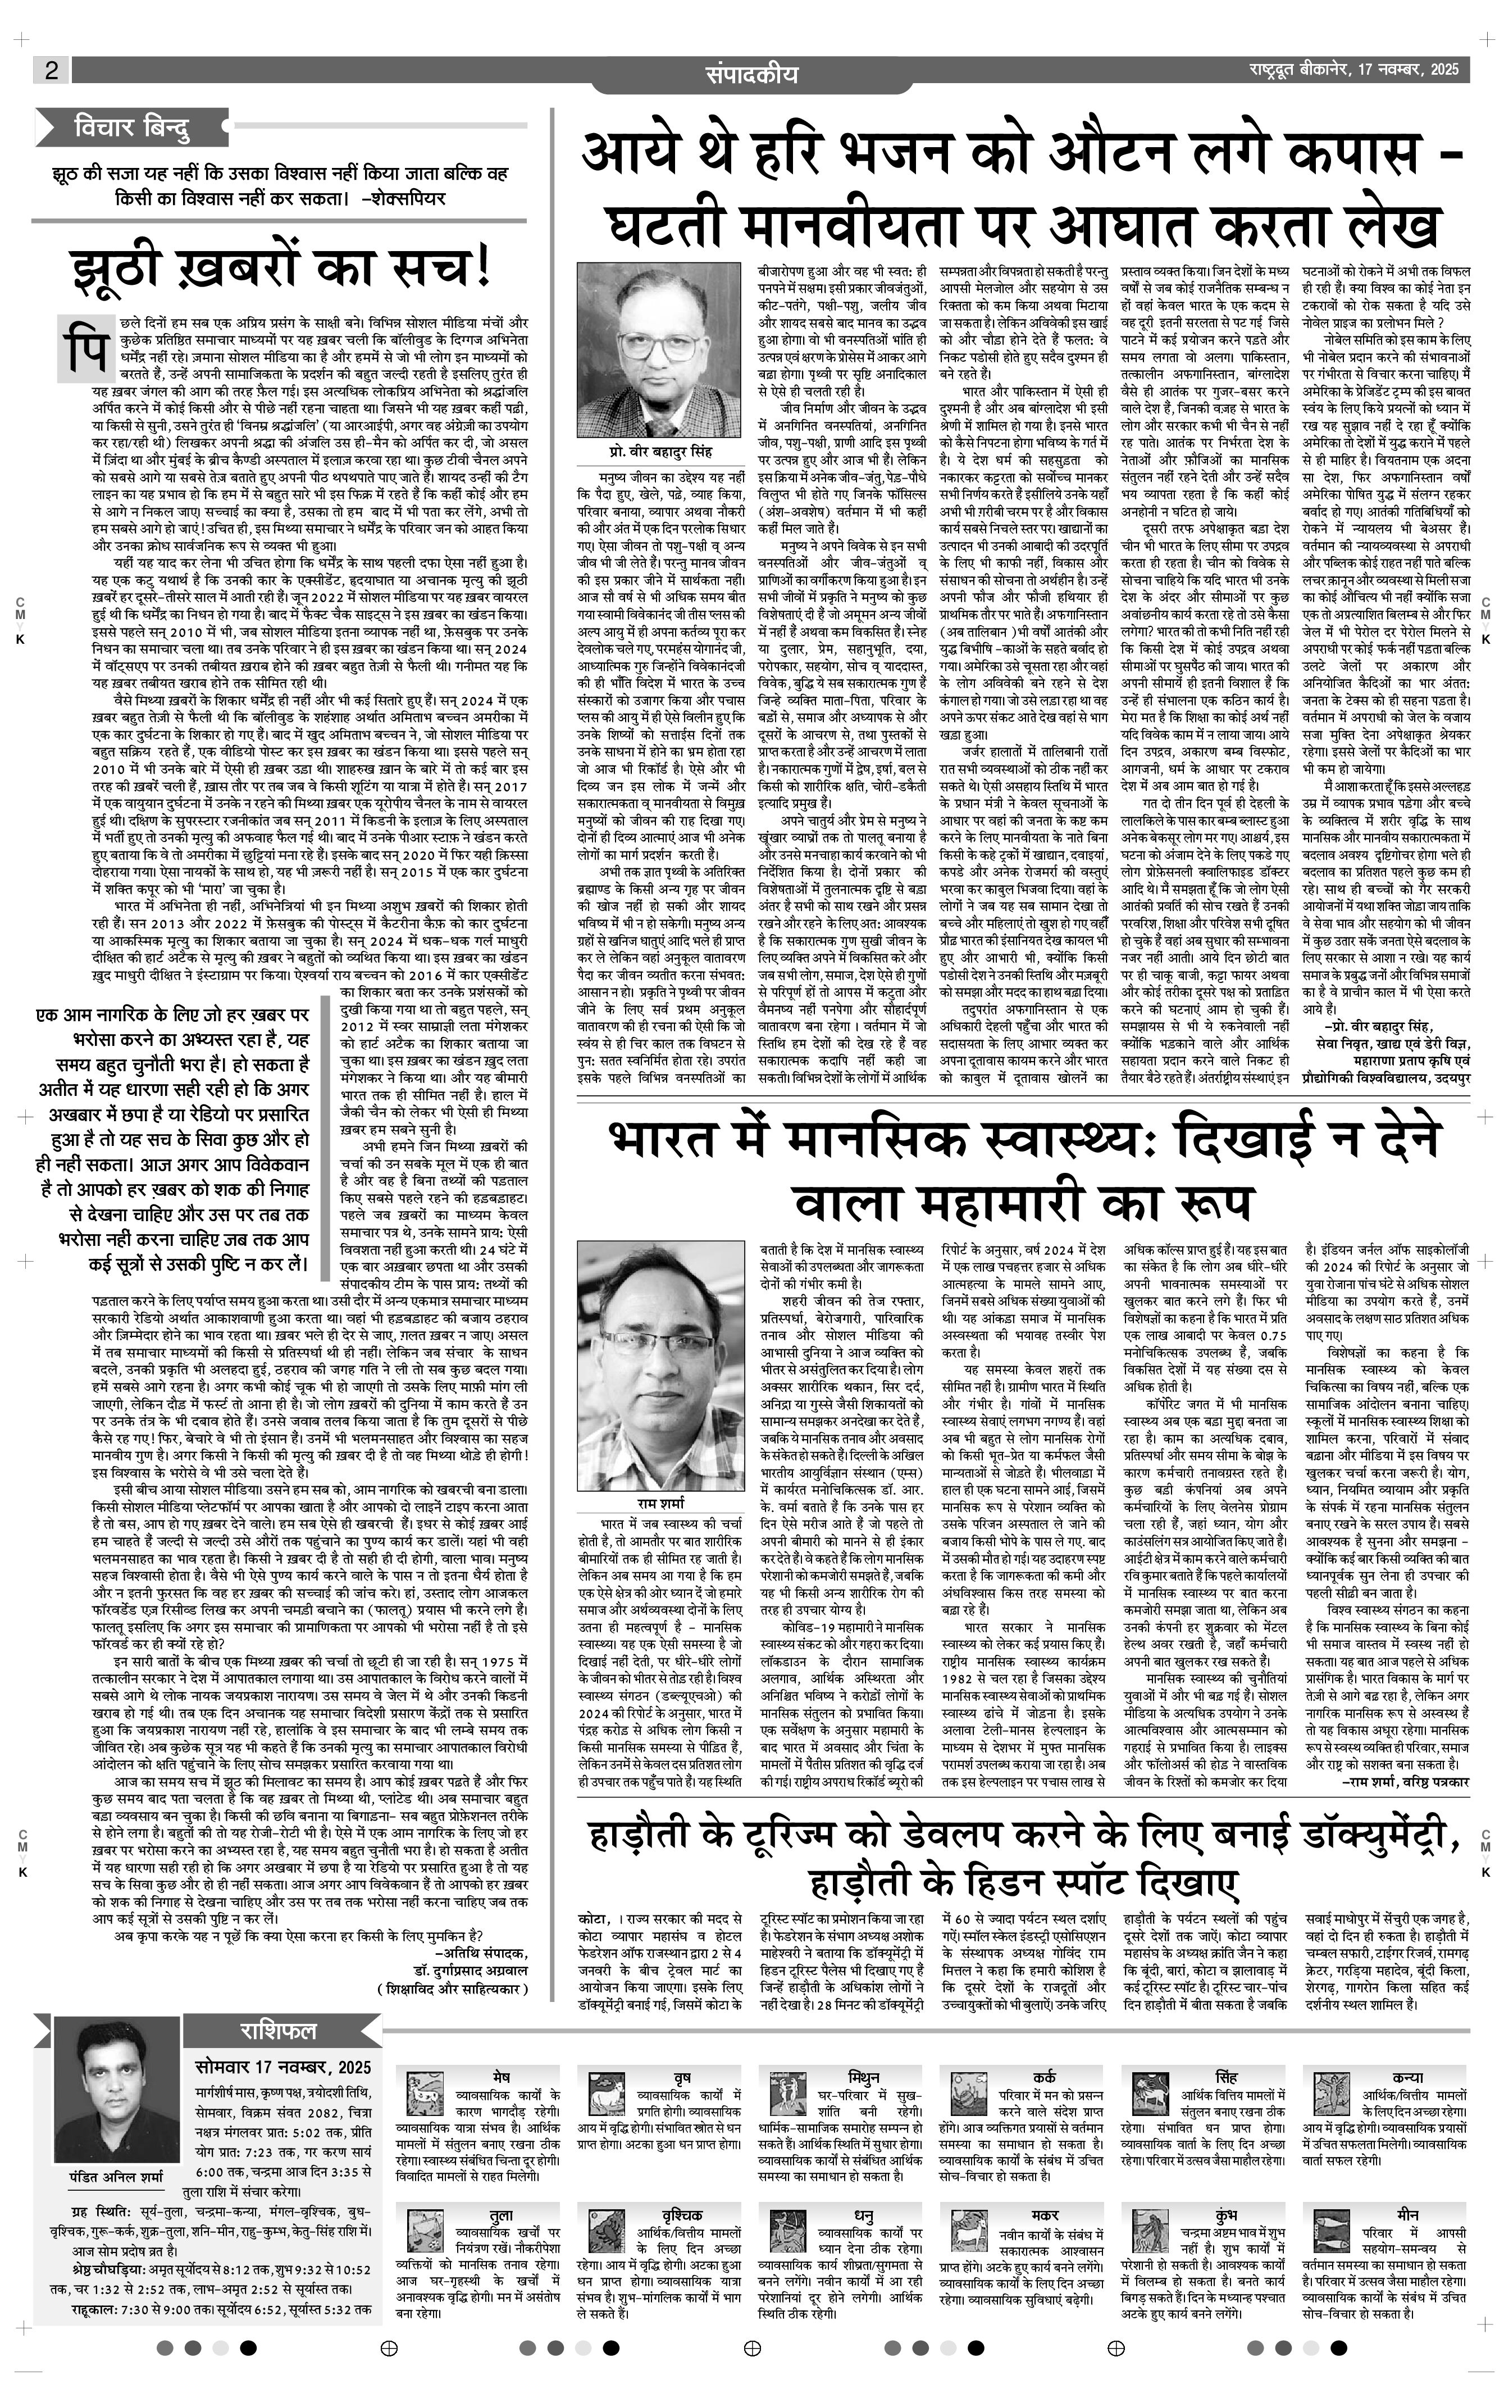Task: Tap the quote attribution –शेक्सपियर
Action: pos(405,197)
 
